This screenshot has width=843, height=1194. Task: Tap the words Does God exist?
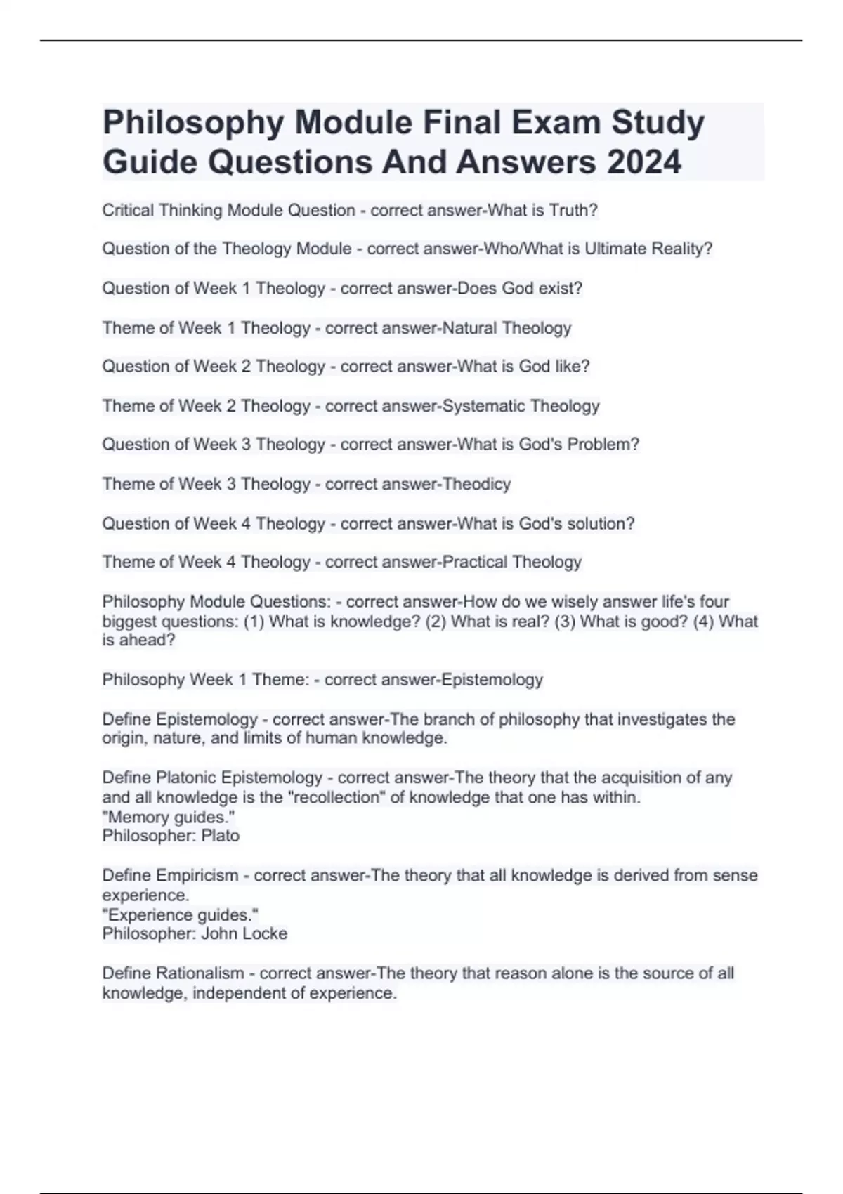(521, 288)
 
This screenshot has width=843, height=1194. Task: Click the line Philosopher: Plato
(171, 836)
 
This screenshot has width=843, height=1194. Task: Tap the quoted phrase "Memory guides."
(169, 817)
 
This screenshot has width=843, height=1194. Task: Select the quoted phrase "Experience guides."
(181, 914)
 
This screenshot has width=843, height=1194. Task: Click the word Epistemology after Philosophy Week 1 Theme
(492, 680)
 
